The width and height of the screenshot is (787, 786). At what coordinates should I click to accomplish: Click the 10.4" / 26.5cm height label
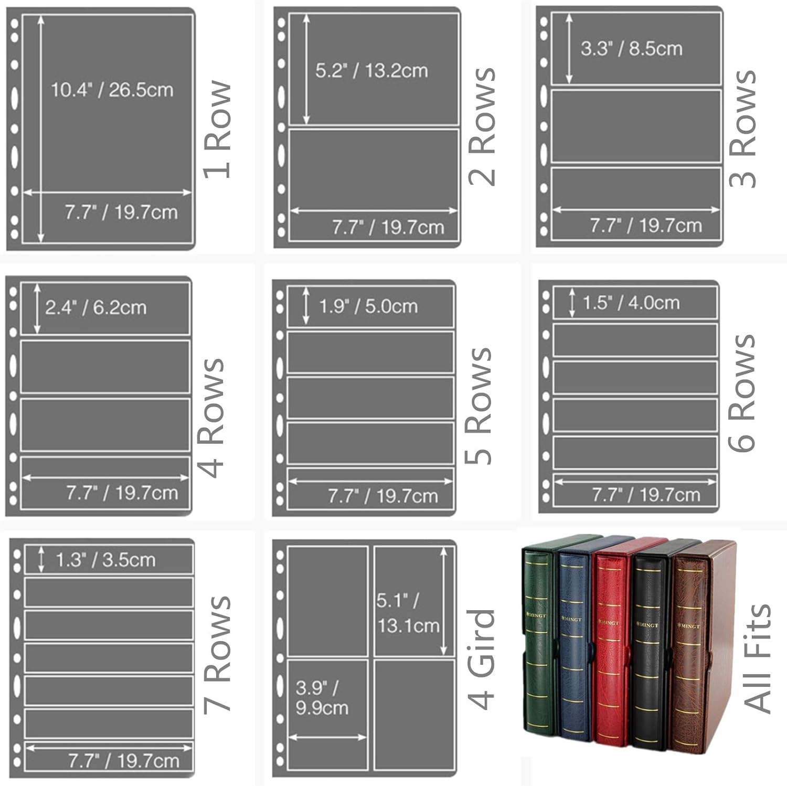(112, 90)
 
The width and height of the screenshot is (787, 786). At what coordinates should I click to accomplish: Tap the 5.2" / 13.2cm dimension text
(371, 70)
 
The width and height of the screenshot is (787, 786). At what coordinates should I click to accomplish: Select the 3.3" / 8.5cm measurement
(631, 48)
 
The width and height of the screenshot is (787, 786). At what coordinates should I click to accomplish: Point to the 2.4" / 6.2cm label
(95, 307)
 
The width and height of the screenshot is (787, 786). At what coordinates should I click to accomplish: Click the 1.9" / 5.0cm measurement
(368, 306)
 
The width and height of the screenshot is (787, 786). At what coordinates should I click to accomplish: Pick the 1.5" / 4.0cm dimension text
(631, 302)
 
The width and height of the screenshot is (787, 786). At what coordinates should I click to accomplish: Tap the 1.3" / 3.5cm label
(105, 559)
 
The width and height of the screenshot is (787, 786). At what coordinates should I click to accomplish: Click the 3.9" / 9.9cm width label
(322, 697)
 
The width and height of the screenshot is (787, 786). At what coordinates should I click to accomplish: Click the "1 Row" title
(218, 129)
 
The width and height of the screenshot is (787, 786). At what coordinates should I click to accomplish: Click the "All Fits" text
(757, 658)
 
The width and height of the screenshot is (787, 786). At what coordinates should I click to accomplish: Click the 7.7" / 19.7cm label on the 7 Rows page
(124, 760)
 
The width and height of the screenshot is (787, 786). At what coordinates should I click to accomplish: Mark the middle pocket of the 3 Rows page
(635, 126)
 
